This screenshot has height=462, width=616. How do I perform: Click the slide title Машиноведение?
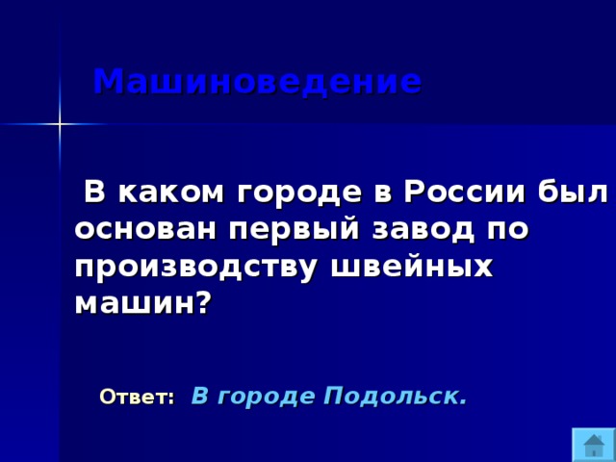[257, 82]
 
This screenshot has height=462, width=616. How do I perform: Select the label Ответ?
[138, 397]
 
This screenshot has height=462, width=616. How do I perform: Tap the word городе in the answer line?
[265, 396]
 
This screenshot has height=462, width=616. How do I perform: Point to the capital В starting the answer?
[199, 396]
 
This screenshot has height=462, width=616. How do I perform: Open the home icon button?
[593, 445]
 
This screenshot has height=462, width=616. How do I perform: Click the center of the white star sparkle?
[60, 124]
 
